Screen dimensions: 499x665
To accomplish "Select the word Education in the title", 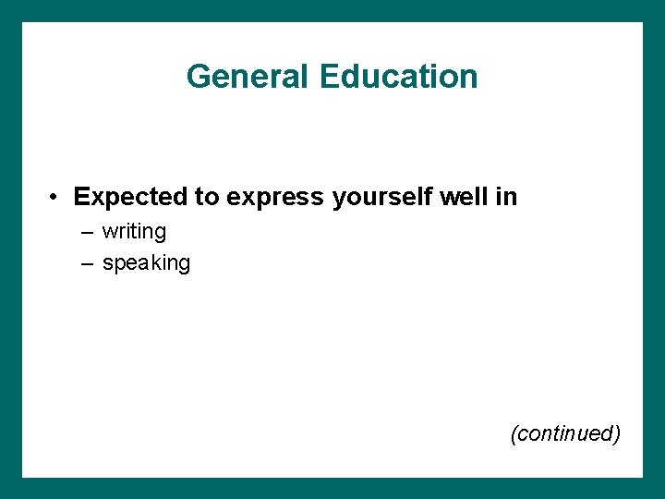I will point(399,76).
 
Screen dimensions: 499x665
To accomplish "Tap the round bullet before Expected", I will point(56,198).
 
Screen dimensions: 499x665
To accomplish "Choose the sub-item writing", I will point(134,231).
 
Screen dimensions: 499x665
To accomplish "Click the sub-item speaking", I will point(146,263).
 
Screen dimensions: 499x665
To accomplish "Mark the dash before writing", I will point(87,232).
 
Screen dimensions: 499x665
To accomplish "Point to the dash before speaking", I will point(87,263).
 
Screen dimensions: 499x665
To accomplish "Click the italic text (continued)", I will point(565,433).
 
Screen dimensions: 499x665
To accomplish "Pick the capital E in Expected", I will point(81,197).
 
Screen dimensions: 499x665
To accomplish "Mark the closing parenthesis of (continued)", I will point(617,433).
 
